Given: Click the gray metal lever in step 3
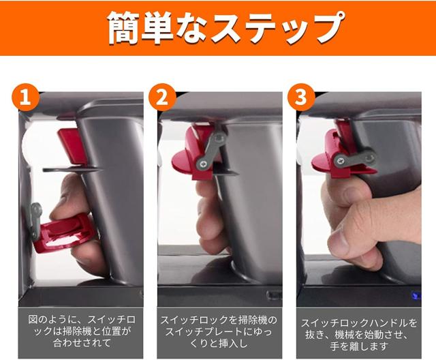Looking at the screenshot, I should click(x=355, y=158).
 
